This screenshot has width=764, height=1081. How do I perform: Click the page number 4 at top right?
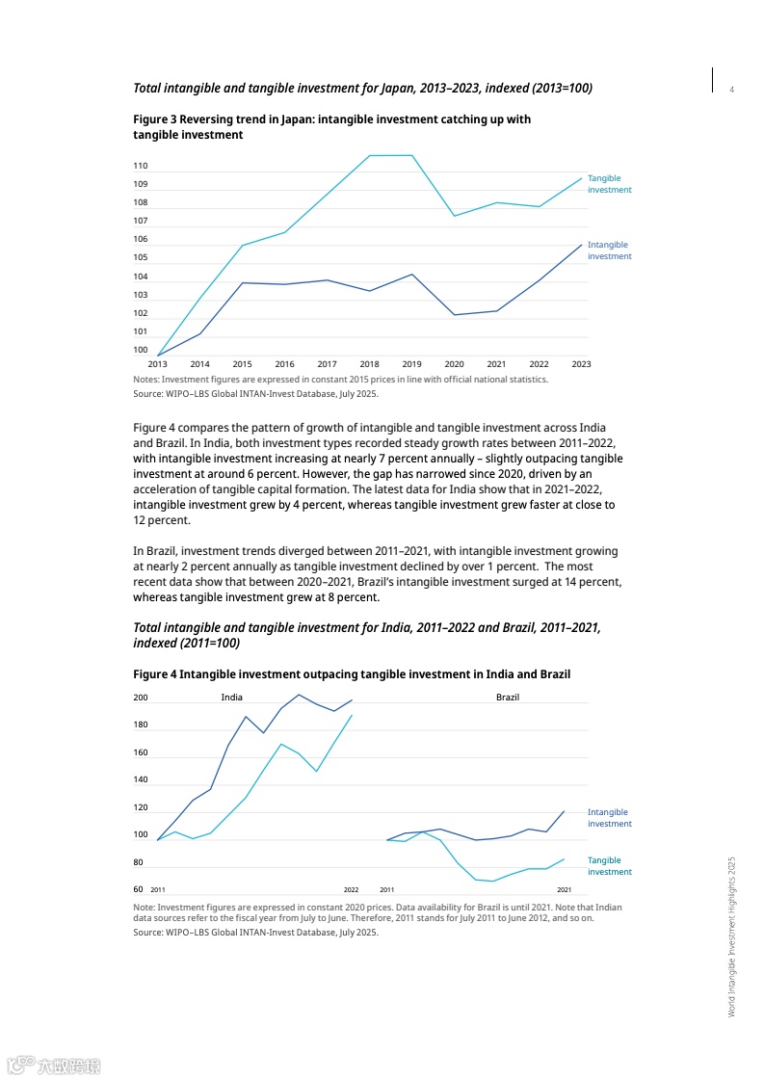point(732,90)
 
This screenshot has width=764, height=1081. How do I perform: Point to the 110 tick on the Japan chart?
point(141,167)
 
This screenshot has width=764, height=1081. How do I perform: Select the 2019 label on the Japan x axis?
point(411,364)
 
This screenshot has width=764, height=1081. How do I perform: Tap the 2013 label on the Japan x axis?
point(157,364)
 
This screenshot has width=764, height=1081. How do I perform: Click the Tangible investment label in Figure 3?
point(609,184)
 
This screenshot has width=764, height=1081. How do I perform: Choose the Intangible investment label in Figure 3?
point(609,250)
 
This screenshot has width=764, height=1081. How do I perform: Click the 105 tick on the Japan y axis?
point(141,258)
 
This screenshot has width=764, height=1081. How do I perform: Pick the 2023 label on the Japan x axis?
point(581,364)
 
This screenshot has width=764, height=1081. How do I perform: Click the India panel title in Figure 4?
point(231,697)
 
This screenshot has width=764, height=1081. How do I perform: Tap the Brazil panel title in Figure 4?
point(508,697)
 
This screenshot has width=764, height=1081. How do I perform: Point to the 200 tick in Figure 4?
point(141,698)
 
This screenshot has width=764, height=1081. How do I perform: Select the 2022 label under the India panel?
point(352,889)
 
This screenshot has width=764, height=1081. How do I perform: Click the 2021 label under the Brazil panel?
point(564,889)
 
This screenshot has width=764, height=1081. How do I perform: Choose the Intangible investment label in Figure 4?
point(609,818)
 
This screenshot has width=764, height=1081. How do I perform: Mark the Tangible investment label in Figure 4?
point(609,866)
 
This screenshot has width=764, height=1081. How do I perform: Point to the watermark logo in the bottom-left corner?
point(54,1066)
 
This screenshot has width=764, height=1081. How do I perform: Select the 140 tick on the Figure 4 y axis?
point(141,779)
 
